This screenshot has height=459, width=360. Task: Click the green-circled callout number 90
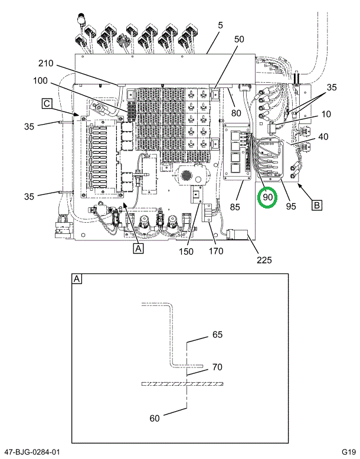268,197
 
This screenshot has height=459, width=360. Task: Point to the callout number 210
47,63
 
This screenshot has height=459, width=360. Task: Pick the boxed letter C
46,104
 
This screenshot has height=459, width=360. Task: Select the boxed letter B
317,206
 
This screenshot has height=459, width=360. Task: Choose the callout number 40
323,137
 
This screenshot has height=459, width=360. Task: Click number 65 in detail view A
217,335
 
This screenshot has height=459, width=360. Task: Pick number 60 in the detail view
154,418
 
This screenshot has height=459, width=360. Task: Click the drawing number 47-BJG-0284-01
31,452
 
